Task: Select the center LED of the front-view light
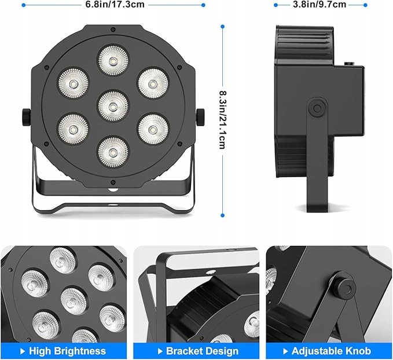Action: pyautogui.click(x=113, y=105)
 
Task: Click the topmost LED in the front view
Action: pyautogui.click(x=113, y=59)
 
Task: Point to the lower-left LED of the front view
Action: pyautogui.click(x=73, y=128)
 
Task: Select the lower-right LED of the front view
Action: pyautogui.click(x=152, y=128)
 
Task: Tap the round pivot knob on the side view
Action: pyautogui.click(x=316, y=108)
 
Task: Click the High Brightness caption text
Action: pyautogui.click(x=67, y=351)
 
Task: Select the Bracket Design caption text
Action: pyautogui.click(x=202, y=351)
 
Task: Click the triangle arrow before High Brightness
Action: pyautogui.click(x=23, y=351)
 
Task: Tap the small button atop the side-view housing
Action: pyautogui.click(x=349, y=61)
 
